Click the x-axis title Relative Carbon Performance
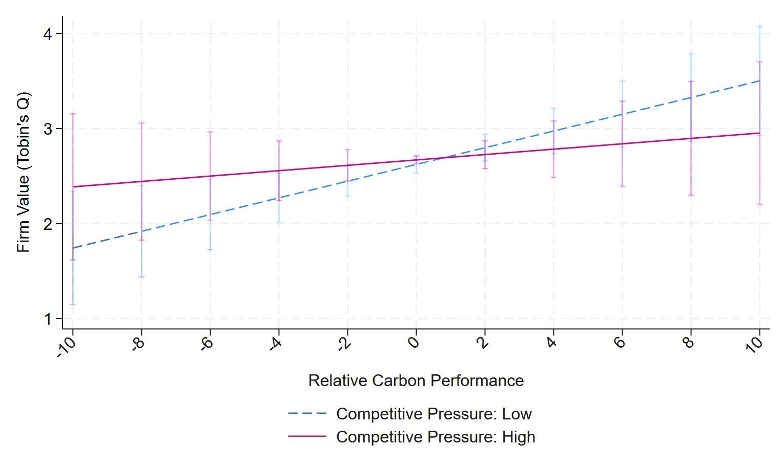tap(416, 381)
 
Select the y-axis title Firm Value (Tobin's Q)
tap(24, 172)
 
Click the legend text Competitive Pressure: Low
tap(434, 414)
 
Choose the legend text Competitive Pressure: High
tap(436, 437)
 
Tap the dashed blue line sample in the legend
tap(307, 414)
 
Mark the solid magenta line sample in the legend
tap(307, 437)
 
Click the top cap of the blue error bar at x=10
tap(759, 26)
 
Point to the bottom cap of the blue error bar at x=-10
tap(73, 305)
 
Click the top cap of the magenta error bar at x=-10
tap(73, 114)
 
